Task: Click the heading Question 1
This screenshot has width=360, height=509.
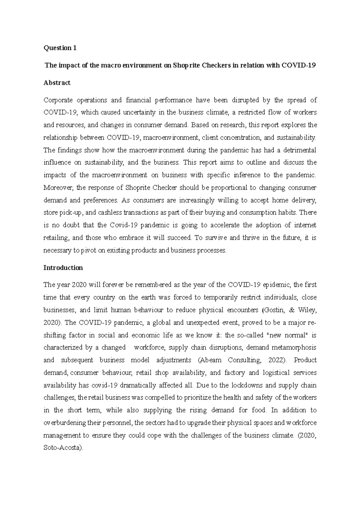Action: click(x=60, y=48)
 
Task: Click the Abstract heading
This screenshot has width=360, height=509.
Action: click(x=57, y=83)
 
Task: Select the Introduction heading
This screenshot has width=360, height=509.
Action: click(x=63, y=268)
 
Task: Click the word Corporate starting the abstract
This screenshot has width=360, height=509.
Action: click(x=58, y=100)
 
